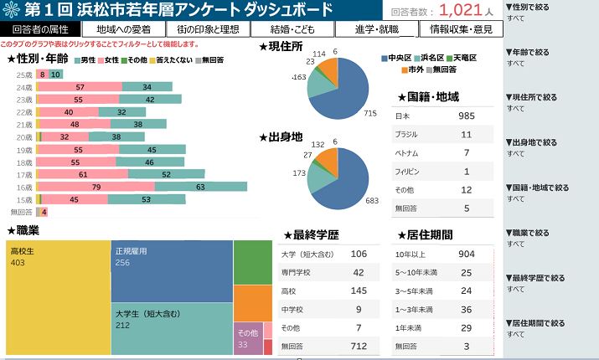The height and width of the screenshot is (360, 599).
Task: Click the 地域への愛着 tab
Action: point(124,29)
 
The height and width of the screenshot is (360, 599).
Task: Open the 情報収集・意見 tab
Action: point(460,29)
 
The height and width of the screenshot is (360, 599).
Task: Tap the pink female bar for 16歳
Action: point(96,187)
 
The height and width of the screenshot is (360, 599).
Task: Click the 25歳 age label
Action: point(24,75)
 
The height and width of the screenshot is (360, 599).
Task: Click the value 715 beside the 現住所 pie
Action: point(371,112)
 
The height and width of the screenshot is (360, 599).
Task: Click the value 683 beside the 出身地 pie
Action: point(371,200)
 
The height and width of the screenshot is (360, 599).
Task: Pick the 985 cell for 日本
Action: point(467,116)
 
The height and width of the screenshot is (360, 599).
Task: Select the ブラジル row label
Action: point(408,134)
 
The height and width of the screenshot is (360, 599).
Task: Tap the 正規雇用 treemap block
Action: point(172,269)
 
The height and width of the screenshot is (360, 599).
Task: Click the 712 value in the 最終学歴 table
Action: point(359,346)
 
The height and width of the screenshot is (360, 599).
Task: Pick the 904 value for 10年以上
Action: point(467,254)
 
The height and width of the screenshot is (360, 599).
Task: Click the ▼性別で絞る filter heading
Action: point(530,7)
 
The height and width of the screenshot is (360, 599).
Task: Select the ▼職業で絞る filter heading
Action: point(530,233)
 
